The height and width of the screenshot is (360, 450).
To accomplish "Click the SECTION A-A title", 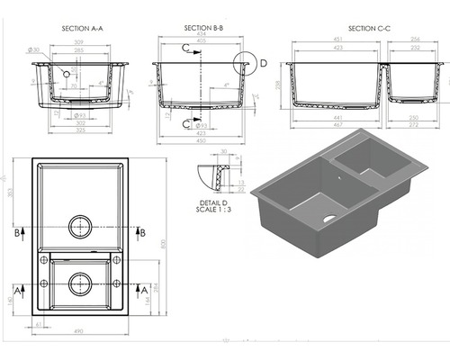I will point(82,29).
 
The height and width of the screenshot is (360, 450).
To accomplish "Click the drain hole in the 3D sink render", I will point(328,219).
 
